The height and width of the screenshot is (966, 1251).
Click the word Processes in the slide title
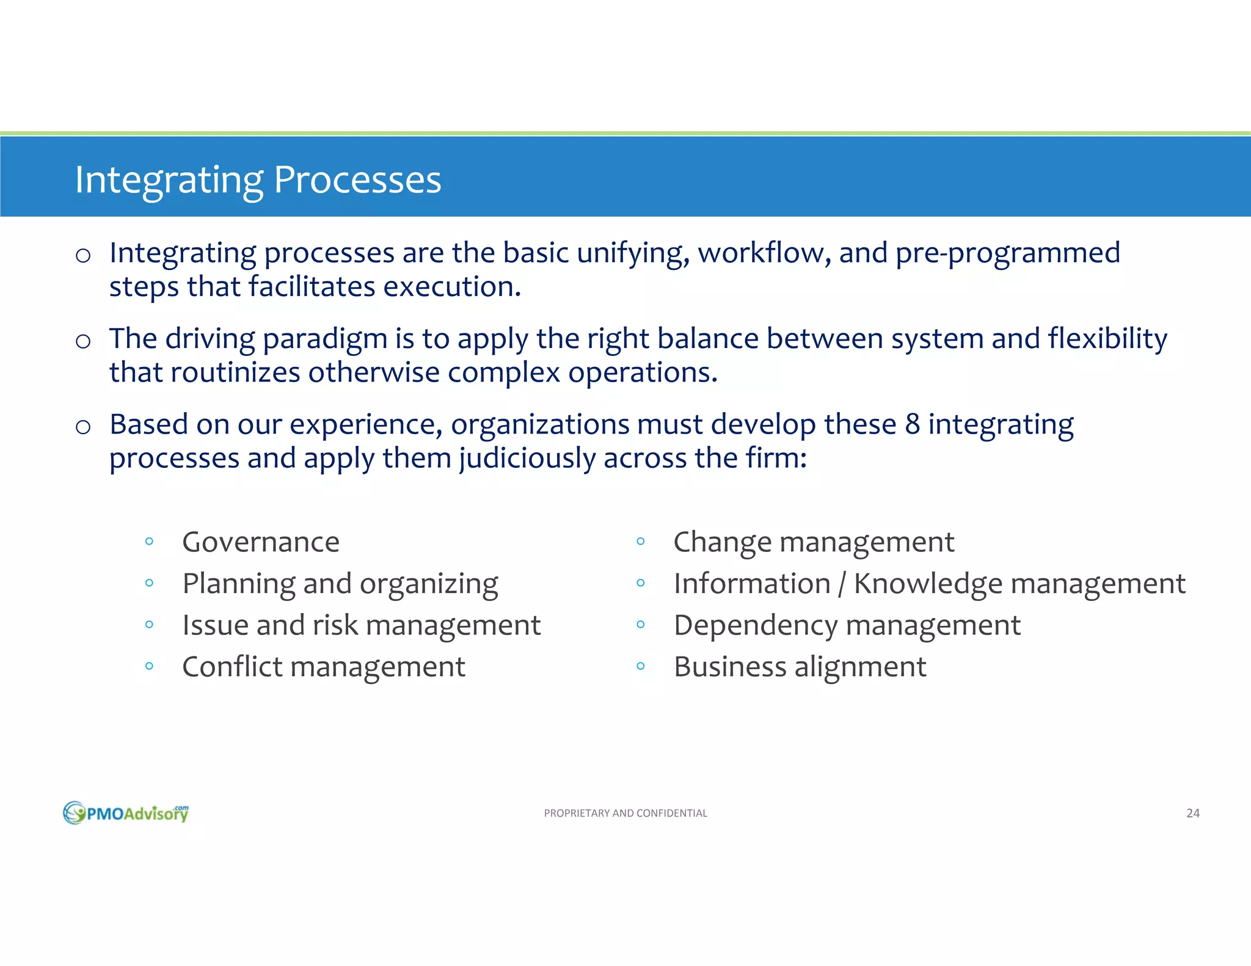click(x=357, y=180)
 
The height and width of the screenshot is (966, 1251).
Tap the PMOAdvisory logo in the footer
click(x=126, y=813)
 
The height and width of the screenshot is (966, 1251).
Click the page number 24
click(x=1192, y=813)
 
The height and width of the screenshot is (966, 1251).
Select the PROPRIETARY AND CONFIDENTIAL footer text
click(x=625, y=813)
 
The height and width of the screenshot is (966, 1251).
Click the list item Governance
click(x=261, y=542)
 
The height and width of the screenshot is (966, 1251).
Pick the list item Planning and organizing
click(x=340, y=584)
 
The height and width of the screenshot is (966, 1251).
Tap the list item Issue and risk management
click(x=361, y=626)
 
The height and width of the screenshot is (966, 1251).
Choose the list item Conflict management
click(x=323, y=667)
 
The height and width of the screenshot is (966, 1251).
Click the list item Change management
click(x=813, y=542)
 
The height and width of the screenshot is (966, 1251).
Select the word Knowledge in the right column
click(x=927, y=584)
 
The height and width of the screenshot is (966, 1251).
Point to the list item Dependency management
click(x=847, y=626)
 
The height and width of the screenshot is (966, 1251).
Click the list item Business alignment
click(x=800, y=667)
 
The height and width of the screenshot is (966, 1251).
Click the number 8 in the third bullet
click(x=912, y=424)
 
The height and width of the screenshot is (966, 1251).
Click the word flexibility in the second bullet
click(x=1107, y=339)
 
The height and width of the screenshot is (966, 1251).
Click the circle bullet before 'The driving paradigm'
click(x=83, y=341)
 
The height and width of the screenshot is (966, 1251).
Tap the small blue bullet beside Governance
click(x=149, y=541)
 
